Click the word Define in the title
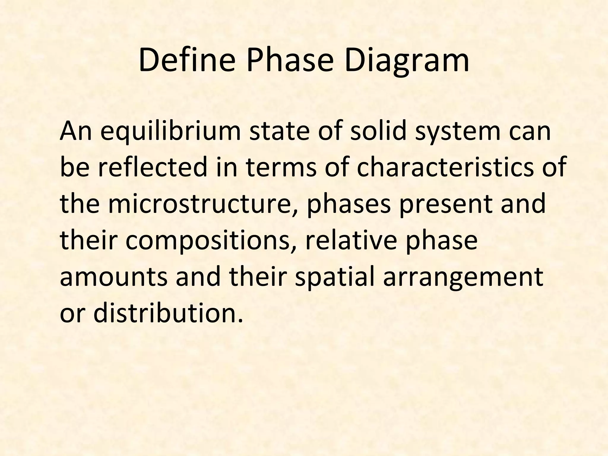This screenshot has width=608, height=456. pyautogui.click(x=187, y=61)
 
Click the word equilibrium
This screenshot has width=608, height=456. pyautogui.click(x=170, y=131)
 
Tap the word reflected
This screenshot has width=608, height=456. pyautogui.click(x=152, y=167)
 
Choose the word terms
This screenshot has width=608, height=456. pyautogui.click(x=281, y=167)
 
